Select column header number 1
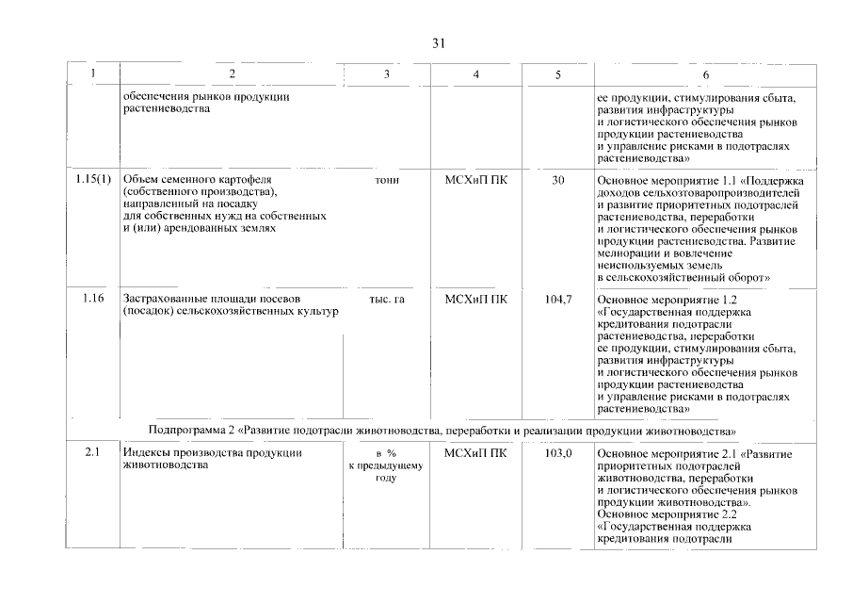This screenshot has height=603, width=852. [x=91, y=74]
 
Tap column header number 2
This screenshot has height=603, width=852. [x=232, y=74]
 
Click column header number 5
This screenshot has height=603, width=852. [x=557, y=74]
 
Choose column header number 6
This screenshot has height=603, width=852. [x=706, y=74]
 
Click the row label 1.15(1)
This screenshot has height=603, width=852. [x=92, y=179]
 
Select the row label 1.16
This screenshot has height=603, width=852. [x=92, y=299]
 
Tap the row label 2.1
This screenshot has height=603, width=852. [x=92, y=453]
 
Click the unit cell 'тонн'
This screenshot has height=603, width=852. [x=386, y=179]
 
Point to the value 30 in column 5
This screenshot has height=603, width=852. [x=557, y=179]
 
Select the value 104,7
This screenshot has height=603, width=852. [x=557, y=299]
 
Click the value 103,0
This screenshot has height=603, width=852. [x=557, y=453]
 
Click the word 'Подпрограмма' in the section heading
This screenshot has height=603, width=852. [x=189, y=431]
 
